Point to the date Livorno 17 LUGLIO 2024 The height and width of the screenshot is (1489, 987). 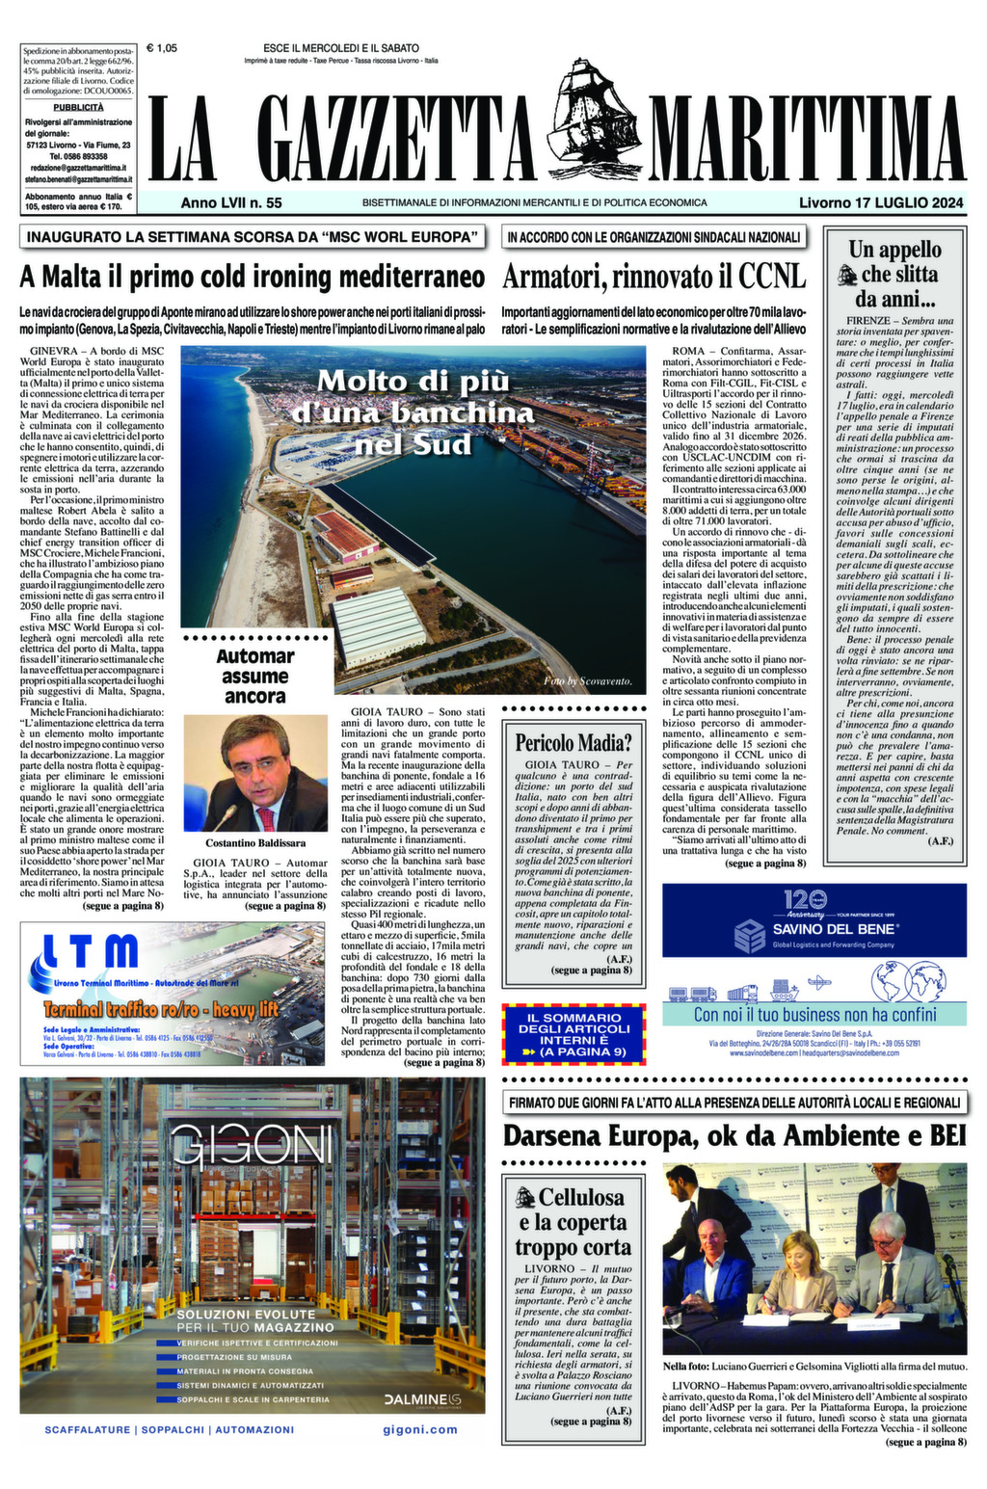881,203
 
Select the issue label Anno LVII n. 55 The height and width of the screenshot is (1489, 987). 231,203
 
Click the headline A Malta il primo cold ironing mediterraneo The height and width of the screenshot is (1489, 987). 252,278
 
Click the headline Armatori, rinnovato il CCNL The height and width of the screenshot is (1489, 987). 654,278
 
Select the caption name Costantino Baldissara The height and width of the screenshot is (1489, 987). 254,842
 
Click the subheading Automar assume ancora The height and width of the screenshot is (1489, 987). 254,676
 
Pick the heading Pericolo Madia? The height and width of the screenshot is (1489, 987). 573,742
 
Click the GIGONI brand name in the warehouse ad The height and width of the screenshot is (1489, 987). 252,1146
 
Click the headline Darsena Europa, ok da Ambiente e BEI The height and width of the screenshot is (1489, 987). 734,1136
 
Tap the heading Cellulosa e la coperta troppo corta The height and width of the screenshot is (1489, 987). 573,1222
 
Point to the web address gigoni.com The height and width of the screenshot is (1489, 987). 419,1429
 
